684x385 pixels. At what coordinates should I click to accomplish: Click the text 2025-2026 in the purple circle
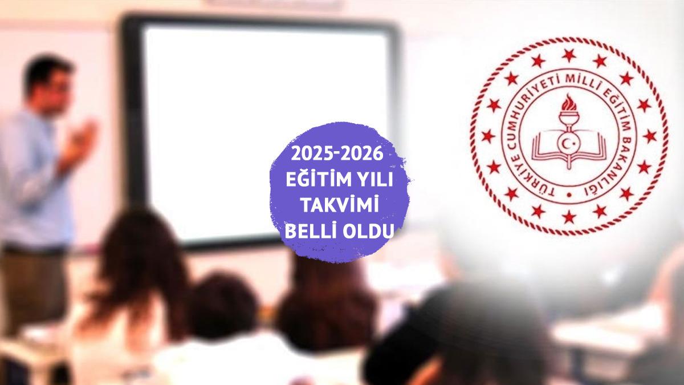[337, 153]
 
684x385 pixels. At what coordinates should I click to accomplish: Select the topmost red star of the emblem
[569, 55]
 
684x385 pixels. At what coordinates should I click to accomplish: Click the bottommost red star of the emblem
[569, 217]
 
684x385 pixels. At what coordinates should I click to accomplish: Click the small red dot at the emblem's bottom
[569, 194]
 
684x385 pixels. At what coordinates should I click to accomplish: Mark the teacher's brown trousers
[31, 290]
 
